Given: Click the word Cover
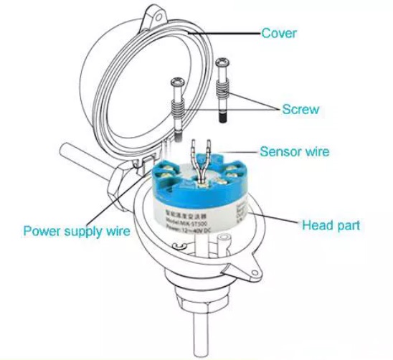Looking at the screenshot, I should [x=279, y=33].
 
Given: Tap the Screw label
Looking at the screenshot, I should [x=300, y=110].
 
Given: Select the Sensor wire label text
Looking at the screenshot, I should [x=294, y=151].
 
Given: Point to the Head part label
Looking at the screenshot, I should [x=331, y=225].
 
